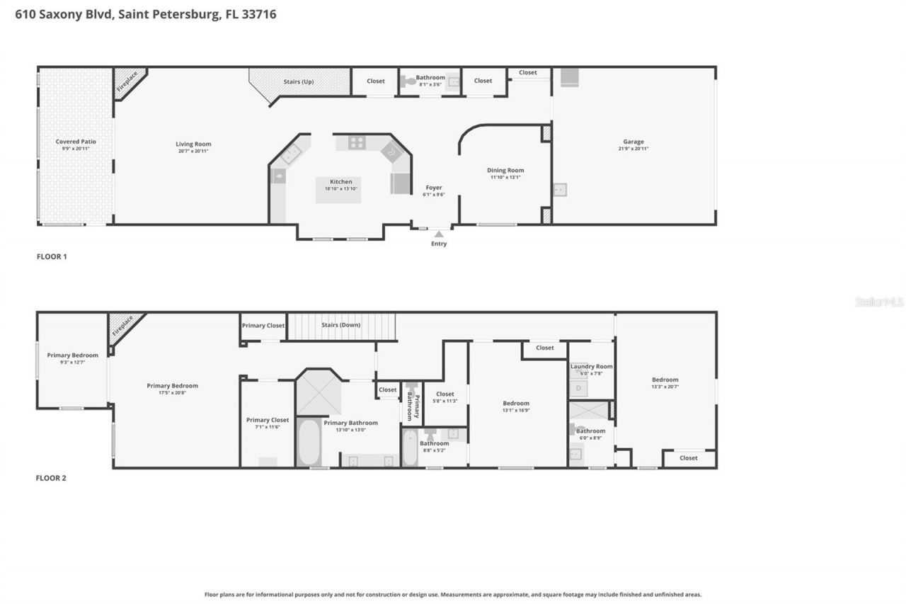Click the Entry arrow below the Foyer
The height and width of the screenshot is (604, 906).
439,234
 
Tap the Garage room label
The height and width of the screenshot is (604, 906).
633,142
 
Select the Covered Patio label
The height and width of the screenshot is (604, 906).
76,142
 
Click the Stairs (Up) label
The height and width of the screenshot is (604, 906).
298,81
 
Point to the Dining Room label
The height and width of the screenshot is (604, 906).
505,170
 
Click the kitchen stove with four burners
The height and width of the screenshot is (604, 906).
357,142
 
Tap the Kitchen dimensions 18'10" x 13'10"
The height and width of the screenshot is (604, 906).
340,189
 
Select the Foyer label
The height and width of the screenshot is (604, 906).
434,188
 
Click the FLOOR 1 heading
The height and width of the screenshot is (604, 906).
52,256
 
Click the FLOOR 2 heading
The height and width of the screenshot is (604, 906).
51,478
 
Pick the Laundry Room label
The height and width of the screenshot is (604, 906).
592,366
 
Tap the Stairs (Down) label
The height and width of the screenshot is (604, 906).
341,325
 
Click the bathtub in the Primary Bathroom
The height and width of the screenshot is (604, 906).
309,443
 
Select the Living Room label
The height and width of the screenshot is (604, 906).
193,144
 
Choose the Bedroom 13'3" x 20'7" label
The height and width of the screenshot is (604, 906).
665,380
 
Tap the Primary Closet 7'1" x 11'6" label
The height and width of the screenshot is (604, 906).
268,420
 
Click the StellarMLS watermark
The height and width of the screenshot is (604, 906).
880,302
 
